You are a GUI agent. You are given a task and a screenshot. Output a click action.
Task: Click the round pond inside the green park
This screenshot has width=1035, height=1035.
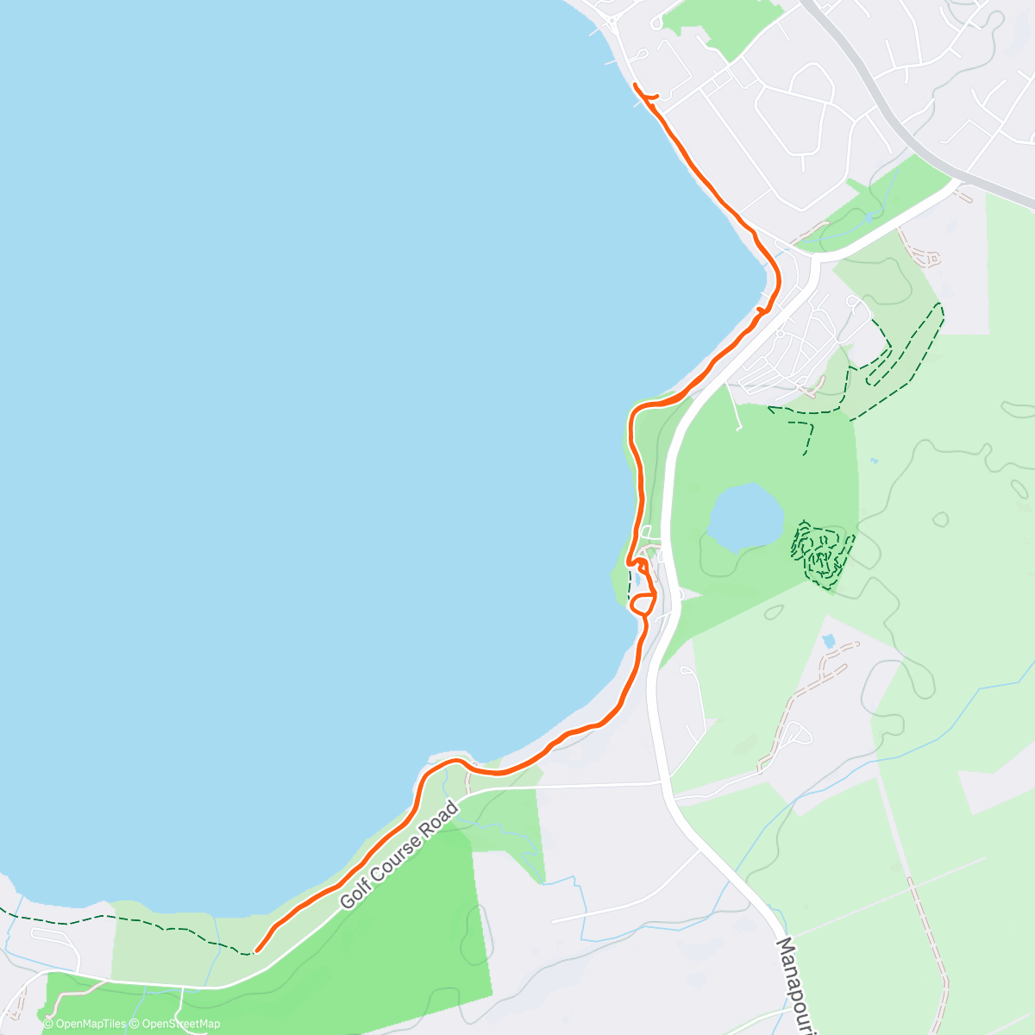[x=744, y=516]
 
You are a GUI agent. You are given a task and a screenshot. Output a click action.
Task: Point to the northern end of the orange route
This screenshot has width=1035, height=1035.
[x=636, y=85]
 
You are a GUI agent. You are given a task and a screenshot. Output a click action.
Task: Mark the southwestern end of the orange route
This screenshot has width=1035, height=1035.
[x=256, y=951]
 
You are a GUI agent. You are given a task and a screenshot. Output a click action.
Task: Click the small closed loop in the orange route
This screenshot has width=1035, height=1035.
[x=643, y=603]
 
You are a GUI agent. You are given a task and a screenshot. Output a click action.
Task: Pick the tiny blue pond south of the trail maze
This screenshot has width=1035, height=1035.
[x=829, y=641]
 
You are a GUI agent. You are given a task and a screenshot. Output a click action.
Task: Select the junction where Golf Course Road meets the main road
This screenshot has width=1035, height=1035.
[x=662, y=783]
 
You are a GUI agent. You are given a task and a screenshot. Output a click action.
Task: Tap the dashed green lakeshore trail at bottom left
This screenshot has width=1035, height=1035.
[x=129, y=921]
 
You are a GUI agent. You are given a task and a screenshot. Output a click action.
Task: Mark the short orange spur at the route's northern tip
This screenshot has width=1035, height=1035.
[x=652, y=97]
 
